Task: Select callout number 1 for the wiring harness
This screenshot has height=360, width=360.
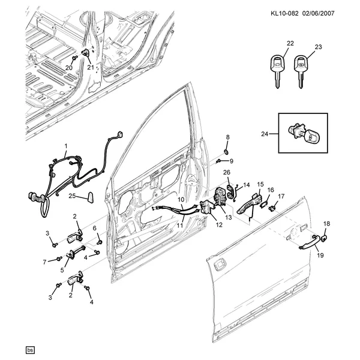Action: [66, 146]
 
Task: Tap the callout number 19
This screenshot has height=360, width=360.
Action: [320, 256]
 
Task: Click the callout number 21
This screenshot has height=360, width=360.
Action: [91, 67]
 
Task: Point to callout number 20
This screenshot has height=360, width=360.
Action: [68, 67]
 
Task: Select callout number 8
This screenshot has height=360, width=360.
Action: [227, 137]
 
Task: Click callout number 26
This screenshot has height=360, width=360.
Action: [227, 173]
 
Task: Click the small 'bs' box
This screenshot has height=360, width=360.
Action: [29, 349]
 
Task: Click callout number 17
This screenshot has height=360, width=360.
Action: [281, 196]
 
